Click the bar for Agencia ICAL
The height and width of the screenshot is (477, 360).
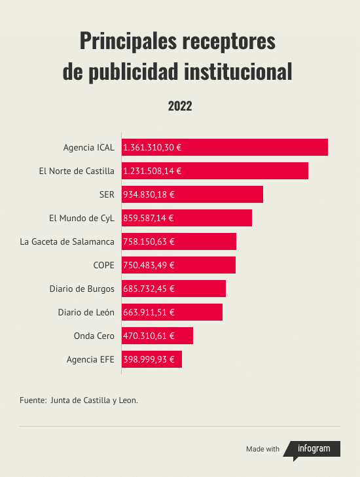(x=225, y=147)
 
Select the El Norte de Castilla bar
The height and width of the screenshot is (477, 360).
(x=215, y=171)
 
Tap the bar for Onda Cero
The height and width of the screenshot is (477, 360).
(x=157, y=336)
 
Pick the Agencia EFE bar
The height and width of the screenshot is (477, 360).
(x=152, y=359)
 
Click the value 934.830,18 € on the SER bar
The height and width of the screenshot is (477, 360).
(x=149, y=194)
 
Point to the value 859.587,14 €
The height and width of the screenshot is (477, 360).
(x=149, y=218)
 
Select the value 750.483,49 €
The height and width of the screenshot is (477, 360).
(x=149, y=265)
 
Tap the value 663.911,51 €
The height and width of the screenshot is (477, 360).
(x=149, y=312)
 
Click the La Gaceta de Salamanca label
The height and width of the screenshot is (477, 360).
(x=67, y=241)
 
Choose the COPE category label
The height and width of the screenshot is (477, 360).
(x=104, y=265)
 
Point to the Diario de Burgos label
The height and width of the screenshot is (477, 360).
(x=82, y=289)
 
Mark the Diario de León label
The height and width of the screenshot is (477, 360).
(x=86, y=312)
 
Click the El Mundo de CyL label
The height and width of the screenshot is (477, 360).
(x=82, y=218)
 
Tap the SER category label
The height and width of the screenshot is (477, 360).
(x=107, y=194)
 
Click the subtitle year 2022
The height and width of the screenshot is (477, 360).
(x=180, y=106)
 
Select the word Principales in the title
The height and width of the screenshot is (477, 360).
(x=128, y=41)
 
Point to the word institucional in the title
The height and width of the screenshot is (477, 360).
(x=238, y=71)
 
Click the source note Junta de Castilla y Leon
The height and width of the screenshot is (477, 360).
(x=94, y=400)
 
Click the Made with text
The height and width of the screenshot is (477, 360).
(x=262, y=449)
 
